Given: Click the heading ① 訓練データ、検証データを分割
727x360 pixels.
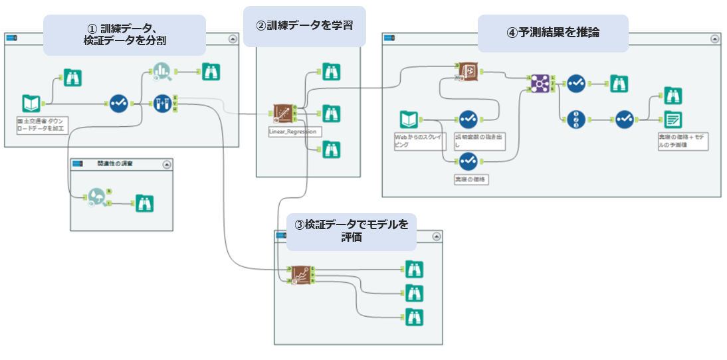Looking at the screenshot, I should (124, 35).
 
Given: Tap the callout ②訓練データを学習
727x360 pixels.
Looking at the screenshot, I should (304, 27).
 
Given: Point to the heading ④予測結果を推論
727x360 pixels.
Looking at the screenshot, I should (553, 33).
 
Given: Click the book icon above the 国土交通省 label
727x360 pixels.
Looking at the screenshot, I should (31, 104).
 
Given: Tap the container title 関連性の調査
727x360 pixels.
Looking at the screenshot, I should (114, 163).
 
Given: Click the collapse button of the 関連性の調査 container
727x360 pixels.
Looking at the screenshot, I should (166, 163).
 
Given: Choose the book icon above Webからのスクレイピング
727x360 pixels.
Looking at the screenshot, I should (409, 120).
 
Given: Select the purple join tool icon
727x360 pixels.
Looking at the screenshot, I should (540, 83).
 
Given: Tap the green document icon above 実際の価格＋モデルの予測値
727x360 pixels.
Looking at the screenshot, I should (673, 120).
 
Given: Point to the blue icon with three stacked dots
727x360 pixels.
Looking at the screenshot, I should (577, 120).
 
